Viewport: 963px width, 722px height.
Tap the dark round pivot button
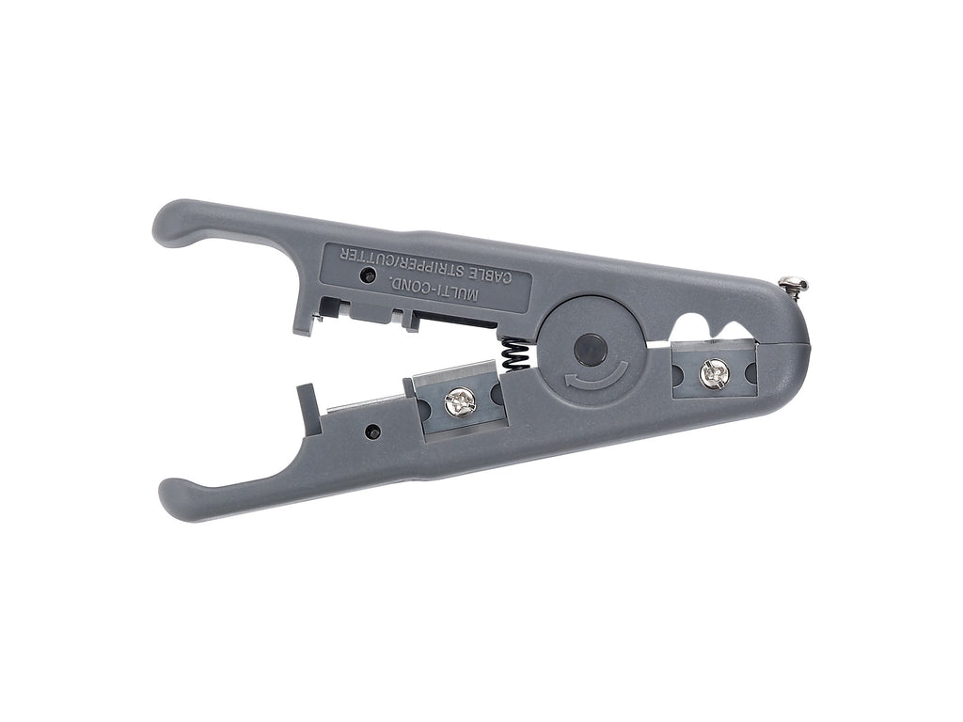click(x=591, y=350)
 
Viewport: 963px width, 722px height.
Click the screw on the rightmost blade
click(x=713, y=375)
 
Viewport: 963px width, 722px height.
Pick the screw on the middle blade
click(x=458, y=402)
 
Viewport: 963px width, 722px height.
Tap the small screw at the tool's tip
click(x=793, y=286)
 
